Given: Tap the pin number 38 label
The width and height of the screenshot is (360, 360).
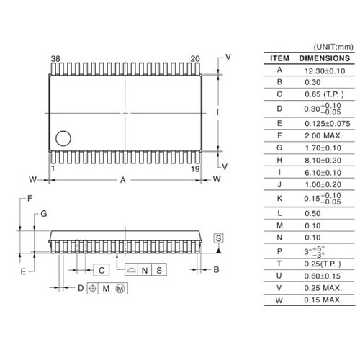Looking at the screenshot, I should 55,59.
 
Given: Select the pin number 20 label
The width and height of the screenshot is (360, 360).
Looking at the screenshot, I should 195,59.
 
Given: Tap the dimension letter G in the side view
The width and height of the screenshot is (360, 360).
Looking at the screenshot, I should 43,214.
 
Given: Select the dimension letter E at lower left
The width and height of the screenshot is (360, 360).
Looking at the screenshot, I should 24,271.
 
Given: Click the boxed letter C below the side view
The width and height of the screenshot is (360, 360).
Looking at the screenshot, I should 102,270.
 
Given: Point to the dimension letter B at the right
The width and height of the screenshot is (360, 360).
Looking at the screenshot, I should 215,270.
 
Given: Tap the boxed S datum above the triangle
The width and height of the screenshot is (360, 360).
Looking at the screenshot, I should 218,238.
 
